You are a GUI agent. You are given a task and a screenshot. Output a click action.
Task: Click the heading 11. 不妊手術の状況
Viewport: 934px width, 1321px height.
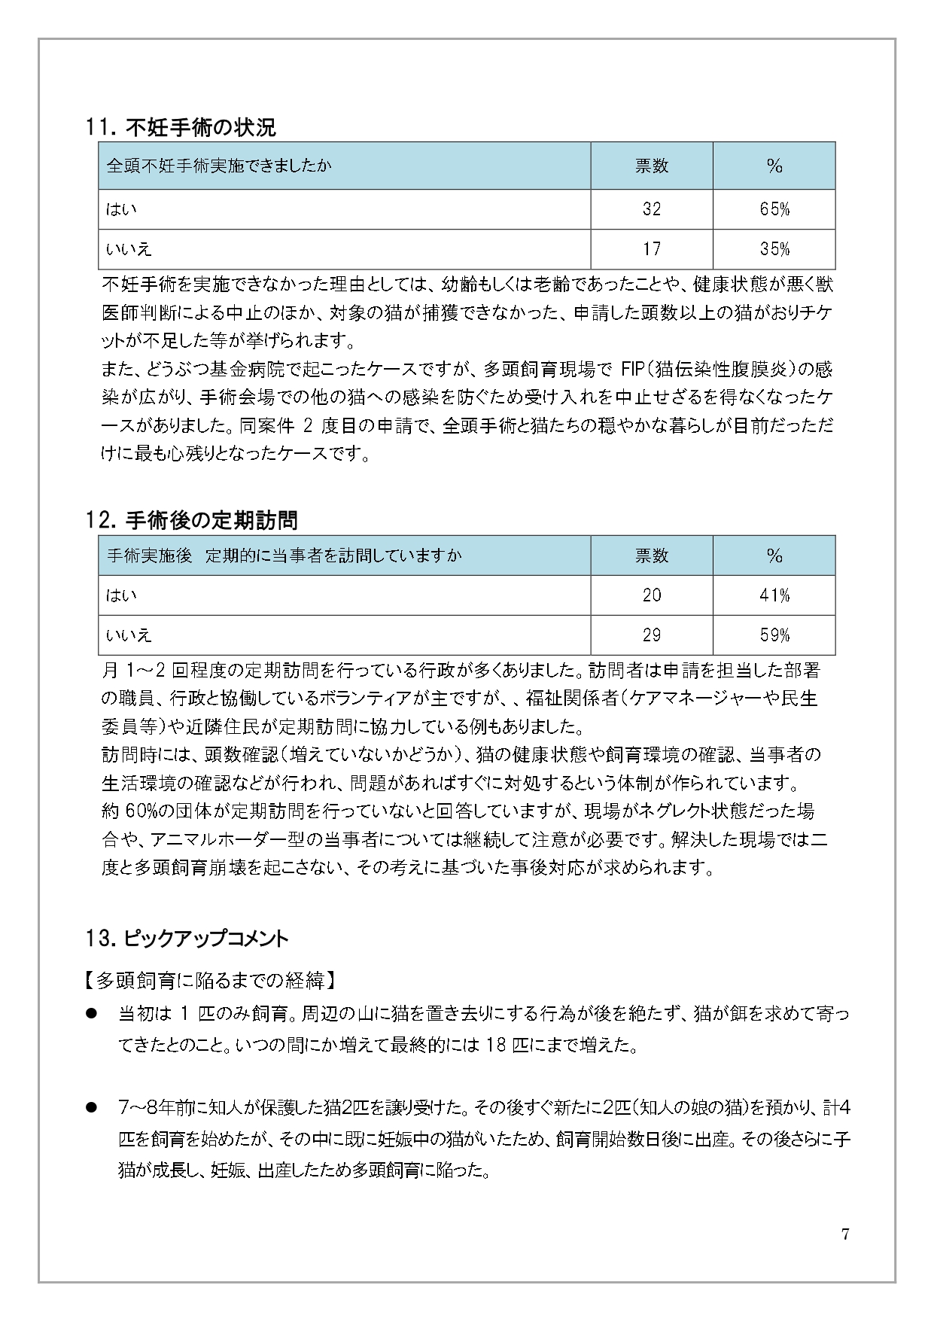(181, 128)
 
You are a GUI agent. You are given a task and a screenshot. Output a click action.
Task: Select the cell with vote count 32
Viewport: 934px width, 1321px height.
(652, 209)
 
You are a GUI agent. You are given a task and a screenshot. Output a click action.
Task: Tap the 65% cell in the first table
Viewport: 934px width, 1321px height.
(774, 209)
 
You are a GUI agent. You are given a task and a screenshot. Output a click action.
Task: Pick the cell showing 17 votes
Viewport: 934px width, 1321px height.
(652, 249)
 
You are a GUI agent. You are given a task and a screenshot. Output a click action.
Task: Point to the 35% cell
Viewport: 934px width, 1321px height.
(774, 249)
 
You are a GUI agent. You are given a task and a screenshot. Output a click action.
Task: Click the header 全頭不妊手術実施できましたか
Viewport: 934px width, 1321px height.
(219, 166)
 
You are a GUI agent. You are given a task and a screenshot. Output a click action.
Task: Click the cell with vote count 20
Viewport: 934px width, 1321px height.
(652, 595)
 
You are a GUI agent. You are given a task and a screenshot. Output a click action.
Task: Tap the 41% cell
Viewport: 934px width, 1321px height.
(774, 595)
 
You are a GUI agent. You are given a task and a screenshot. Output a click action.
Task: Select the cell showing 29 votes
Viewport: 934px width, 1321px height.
(652, 635)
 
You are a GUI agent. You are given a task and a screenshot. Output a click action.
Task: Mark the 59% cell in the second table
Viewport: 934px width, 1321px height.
(774, 635)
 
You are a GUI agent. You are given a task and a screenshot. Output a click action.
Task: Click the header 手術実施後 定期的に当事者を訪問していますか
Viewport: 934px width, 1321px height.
(284, 555)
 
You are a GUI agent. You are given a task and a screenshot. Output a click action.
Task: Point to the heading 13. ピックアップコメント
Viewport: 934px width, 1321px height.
(187, 939)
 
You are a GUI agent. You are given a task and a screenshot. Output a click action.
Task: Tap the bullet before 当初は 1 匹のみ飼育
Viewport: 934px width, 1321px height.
(93, 1015)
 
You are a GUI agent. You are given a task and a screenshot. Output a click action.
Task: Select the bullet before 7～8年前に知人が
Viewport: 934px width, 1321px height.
(93, 1108)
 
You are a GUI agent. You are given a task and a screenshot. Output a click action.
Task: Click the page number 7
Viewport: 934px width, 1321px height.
(845, 1234)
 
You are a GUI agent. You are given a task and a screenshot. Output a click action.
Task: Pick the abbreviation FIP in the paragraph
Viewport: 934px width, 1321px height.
(634, 370)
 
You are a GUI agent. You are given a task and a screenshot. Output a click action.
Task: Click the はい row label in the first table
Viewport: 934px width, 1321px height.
(121, 209)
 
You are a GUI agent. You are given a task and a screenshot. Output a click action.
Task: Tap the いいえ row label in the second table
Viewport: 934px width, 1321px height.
(129, 635)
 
